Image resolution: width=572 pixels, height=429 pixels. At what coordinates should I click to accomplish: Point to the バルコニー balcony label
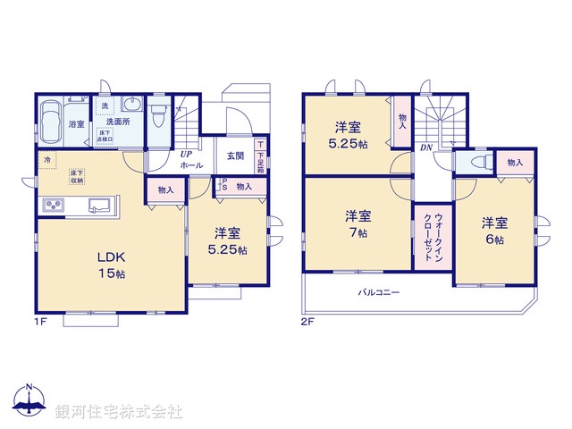380,292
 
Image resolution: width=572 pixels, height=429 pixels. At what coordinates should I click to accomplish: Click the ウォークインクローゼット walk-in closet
425,237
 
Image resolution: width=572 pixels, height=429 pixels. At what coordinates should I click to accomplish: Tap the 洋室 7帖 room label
358,223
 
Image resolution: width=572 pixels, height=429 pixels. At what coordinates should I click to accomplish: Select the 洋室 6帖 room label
494,231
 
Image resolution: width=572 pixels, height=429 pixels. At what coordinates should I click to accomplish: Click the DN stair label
426,147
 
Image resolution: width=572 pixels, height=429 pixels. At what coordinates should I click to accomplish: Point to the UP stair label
186,155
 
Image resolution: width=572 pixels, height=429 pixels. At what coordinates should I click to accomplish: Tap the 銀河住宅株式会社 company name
119,412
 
